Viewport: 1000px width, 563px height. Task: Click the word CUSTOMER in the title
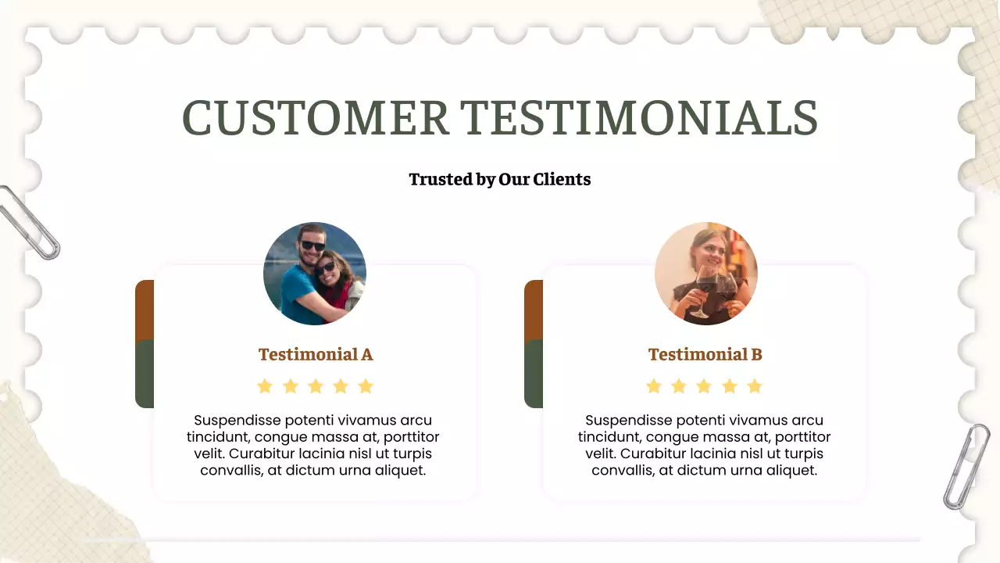point(316,117)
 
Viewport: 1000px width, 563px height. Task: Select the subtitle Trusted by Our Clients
point(500,179)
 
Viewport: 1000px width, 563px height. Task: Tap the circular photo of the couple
point(315,274)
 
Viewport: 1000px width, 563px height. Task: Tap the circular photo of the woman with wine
point(706,274)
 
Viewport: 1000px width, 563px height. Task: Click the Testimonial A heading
point(316,354)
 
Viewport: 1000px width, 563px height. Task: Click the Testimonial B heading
point(705,354)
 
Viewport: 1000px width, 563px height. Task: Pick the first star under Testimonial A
point(265,386)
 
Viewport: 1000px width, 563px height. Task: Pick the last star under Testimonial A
point(366,386)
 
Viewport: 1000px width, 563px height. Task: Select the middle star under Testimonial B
point(704,386)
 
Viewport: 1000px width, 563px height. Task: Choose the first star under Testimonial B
point(654,386)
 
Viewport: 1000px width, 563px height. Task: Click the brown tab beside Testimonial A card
point(145,310)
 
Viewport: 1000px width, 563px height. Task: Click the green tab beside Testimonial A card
point(145,374)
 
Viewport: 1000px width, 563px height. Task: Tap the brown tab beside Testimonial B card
point(534,310)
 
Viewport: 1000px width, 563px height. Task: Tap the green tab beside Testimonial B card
point(534,374)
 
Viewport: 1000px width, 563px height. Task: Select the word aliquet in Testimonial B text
point(790,470)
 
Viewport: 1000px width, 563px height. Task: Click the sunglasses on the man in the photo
point(312,246)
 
